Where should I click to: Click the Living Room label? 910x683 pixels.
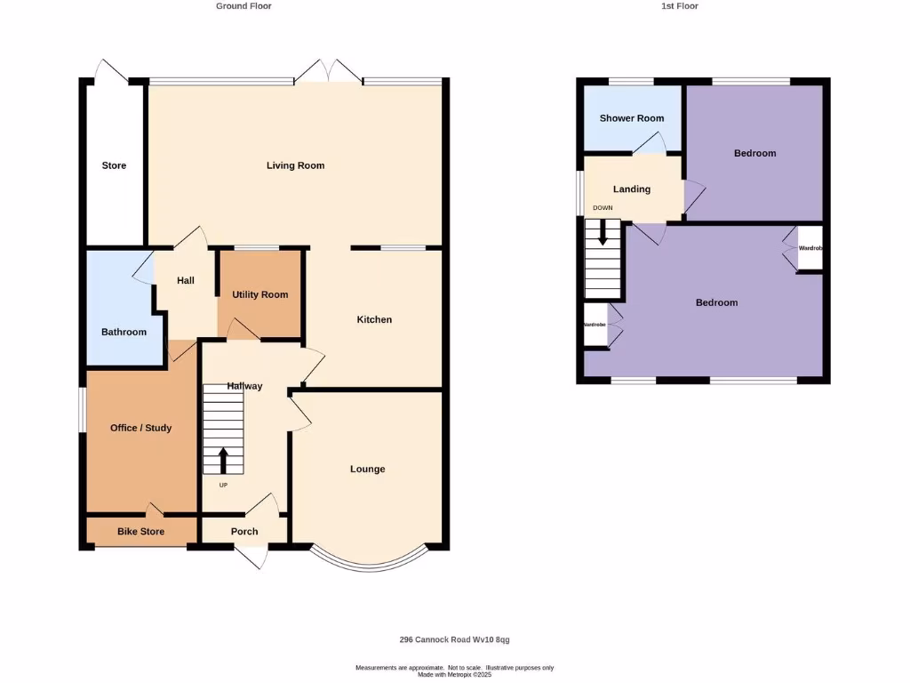(296, 165)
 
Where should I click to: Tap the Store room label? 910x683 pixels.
(114, 165)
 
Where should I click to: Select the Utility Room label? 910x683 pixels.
(260, 294)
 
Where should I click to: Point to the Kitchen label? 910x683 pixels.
(374, 319)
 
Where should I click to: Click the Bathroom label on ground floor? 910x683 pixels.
(124, 332)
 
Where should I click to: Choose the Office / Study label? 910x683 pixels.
(140, 428)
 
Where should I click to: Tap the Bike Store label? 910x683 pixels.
(140, 532)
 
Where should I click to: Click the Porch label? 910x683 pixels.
(244, 532)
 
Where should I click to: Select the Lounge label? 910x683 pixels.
(367, 469)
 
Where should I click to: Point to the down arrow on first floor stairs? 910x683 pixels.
(603, 234)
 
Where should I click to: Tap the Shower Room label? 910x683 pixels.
(631, 118)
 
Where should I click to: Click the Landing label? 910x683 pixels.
(632, 189)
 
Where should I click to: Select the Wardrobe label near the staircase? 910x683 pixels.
(595, 325)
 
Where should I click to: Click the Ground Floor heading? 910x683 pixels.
(243, 6)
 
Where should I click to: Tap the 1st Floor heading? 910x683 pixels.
(680, 6)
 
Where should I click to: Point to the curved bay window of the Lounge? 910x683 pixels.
(367, 561)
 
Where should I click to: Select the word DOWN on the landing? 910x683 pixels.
(603, 208)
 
